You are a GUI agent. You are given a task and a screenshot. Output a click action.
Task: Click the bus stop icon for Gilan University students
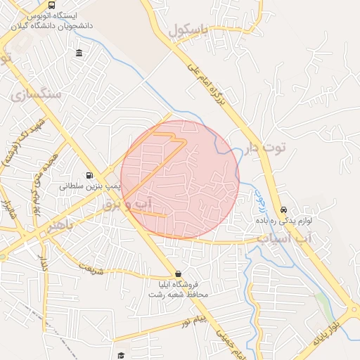tap(52, 5)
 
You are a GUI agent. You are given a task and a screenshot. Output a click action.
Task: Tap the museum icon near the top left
tap(78, 54)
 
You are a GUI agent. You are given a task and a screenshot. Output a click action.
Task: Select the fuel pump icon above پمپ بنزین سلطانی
tap(89, 176)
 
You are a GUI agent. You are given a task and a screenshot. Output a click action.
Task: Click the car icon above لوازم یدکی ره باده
tap(283, 210)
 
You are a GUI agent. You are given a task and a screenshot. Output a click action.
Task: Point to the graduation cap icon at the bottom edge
tap(121, 356)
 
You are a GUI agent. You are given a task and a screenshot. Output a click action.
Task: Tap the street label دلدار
tap(44, 265)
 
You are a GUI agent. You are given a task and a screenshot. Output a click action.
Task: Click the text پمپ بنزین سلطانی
tap(89, 187)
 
